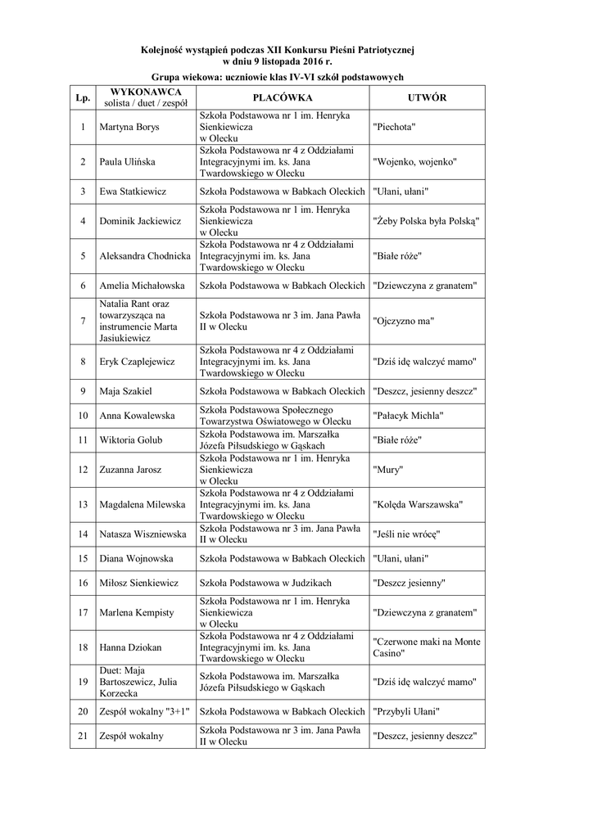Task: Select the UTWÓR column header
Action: tap(426, 97)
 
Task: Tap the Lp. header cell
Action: tap(83, 97)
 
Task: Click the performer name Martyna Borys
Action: tap(129, 128)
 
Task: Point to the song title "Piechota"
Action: tap(394, 128)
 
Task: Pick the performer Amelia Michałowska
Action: tap(142, 286)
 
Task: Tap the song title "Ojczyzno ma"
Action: tap(403, 320)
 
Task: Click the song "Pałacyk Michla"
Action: tap(408, 416)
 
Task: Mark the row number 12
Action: tap(83, 470)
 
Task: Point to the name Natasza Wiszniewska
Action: tap(143, 534)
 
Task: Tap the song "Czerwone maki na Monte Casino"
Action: tap(426, 647)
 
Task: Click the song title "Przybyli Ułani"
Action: tap(406, 712)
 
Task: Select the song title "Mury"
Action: tap(385, 470)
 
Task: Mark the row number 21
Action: tap(83, 736)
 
